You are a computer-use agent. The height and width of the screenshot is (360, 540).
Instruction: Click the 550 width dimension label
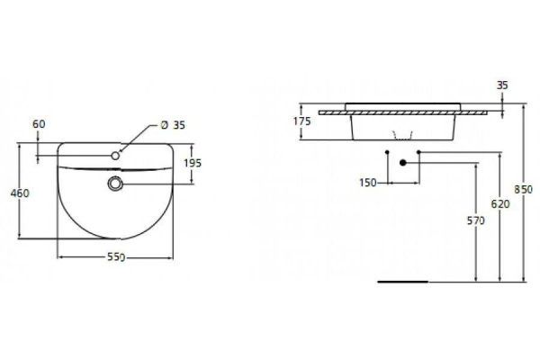(x=116, y=258)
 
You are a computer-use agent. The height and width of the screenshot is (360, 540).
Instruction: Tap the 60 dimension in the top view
(x=38, y=122)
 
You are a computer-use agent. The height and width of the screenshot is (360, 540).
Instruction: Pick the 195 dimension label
(x=192, y=163)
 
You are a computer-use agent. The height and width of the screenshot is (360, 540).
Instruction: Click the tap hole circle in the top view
(x=116, y=157)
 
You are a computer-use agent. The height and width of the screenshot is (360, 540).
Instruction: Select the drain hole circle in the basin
(x=116, y=184)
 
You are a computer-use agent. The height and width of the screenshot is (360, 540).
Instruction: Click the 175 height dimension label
(x=304, y=121)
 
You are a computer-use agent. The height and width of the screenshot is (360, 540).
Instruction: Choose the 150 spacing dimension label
(x=367, y=183)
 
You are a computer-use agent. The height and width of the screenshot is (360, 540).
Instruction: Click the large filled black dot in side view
(x=404, y=163)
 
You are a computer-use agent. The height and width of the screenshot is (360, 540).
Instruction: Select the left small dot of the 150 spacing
(x=387, y=153)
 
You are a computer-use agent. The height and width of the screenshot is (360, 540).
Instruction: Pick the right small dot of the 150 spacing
(x=419, y=153)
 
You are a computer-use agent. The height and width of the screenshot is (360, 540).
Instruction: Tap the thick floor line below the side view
(x=402, y=281)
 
